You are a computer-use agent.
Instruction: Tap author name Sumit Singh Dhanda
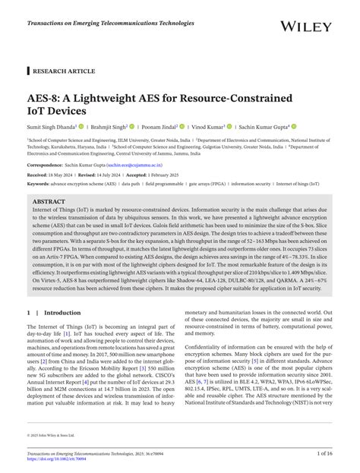52,127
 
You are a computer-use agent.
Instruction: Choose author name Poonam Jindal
160,127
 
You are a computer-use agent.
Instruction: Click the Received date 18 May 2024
52,174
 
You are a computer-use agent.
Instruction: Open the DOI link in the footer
62,459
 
